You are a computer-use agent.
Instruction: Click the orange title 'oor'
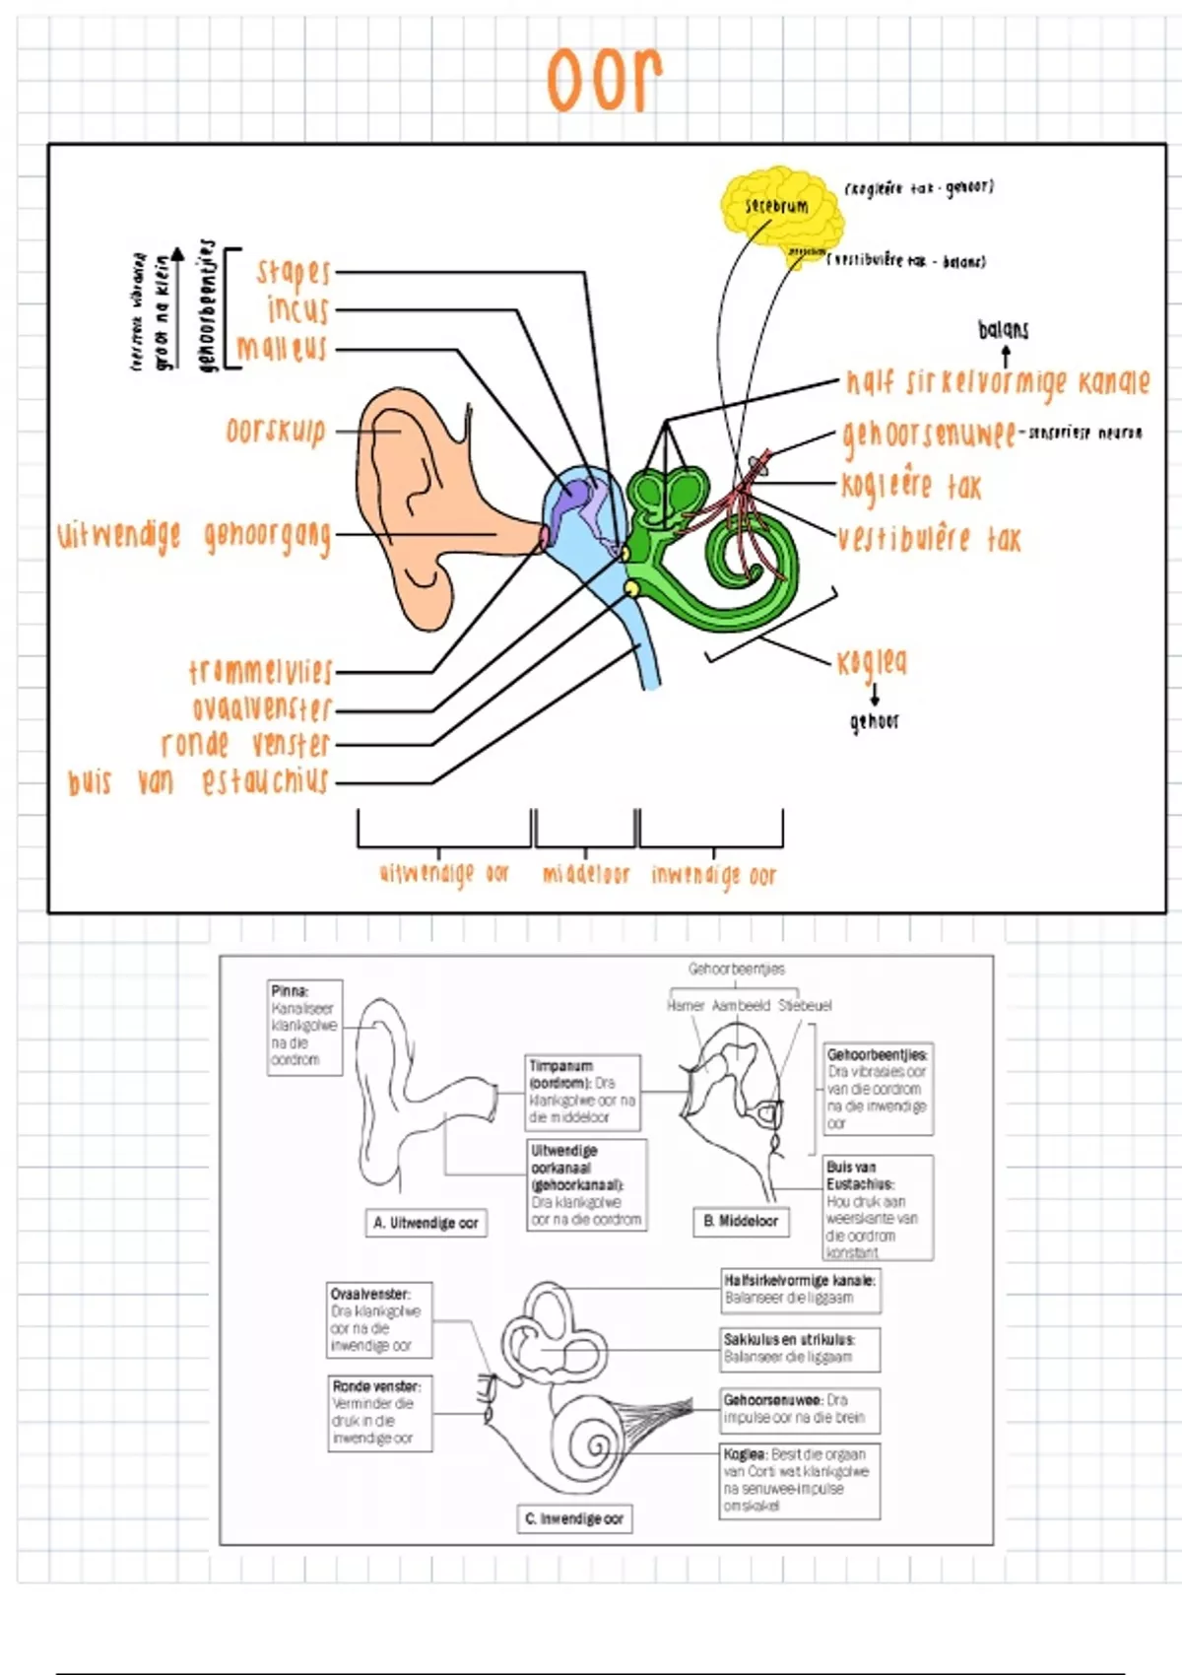click(605, 78)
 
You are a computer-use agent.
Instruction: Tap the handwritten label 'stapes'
click(293, 271)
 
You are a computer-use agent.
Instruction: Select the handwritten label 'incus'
click(297, 309)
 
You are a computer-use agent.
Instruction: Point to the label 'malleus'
click(281, 348)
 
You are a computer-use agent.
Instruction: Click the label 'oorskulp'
click(276, 432)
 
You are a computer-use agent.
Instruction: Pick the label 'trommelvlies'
click(261, 671)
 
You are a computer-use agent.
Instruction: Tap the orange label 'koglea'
click(872, 662)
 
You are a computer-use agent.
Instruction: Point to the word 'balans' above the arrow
click(1003, 329)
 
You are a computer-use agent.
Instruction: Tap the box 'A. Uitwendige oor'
click(426, 1223)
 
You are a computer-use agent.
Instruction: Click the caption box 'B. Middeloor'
click(741, 1221)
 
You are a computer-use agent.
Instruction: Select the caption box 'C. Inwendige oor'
click(574, 1518)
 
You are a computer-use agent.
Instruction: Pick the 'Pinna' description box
click(304, 1027)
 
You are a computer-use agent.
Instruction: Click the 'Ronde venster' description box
click(379, 1413)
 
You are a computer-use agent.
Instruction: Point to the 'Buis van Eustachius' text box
click(878, 1208)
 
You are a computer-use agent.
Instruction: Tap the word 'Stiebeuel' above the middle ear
click(805, 1005)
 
